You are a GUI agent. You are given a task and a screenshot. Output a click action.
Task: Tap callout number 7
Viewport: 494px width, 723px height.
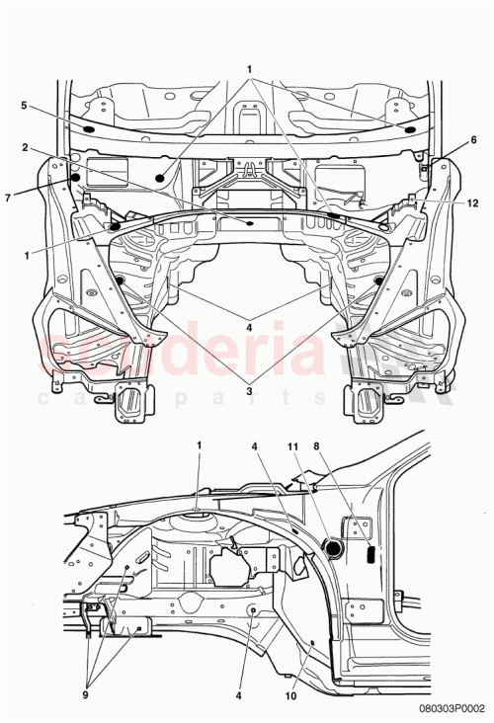pos(9,198)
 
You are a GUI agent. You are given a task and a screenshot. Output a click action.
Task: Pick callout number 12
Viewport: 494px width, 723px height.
pos(473,202)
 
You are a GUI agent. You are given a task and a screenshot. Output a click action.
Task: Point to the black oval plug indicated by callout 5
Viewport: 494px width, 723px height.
pos(87,129)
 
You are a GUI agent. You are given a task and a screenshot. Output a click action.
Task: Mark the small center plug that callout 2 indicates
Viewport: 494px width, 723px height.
pos(250,223)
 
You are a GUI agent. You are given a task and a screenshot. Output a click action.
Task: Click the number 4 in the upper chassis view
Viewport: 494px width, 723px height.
pos(249,327)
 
